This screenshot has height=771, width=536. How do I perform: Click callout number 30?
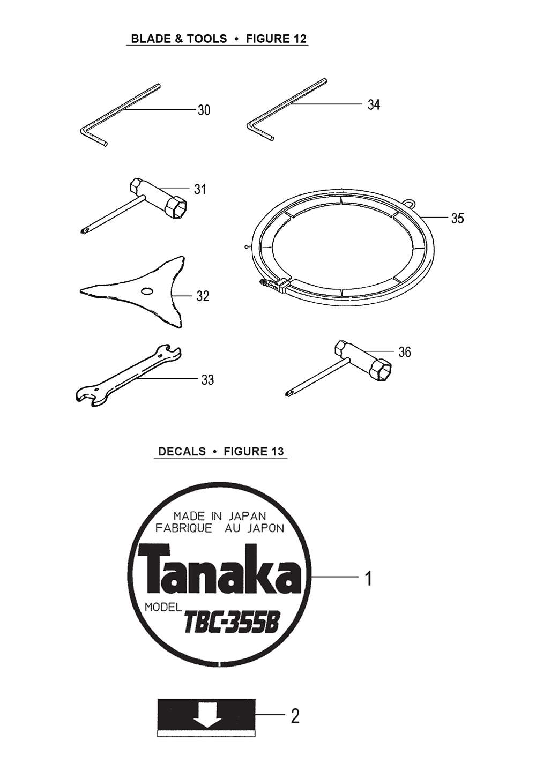(x=204, y=110)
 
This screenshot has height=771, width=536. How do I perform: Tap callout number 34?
(x=374, y=104)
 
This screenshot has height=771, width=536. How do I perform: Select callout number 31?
(x=200, y=189)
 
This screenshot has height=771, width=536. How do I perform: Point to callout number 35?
(x=458, y=218)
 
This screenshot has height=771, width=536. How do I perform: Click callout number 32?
(x=203, y=296)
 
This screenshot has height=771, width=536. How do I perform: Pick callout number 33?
(x=207, y=380)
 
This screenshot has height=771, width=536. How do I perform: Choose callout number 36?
(x=405, y=352)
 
